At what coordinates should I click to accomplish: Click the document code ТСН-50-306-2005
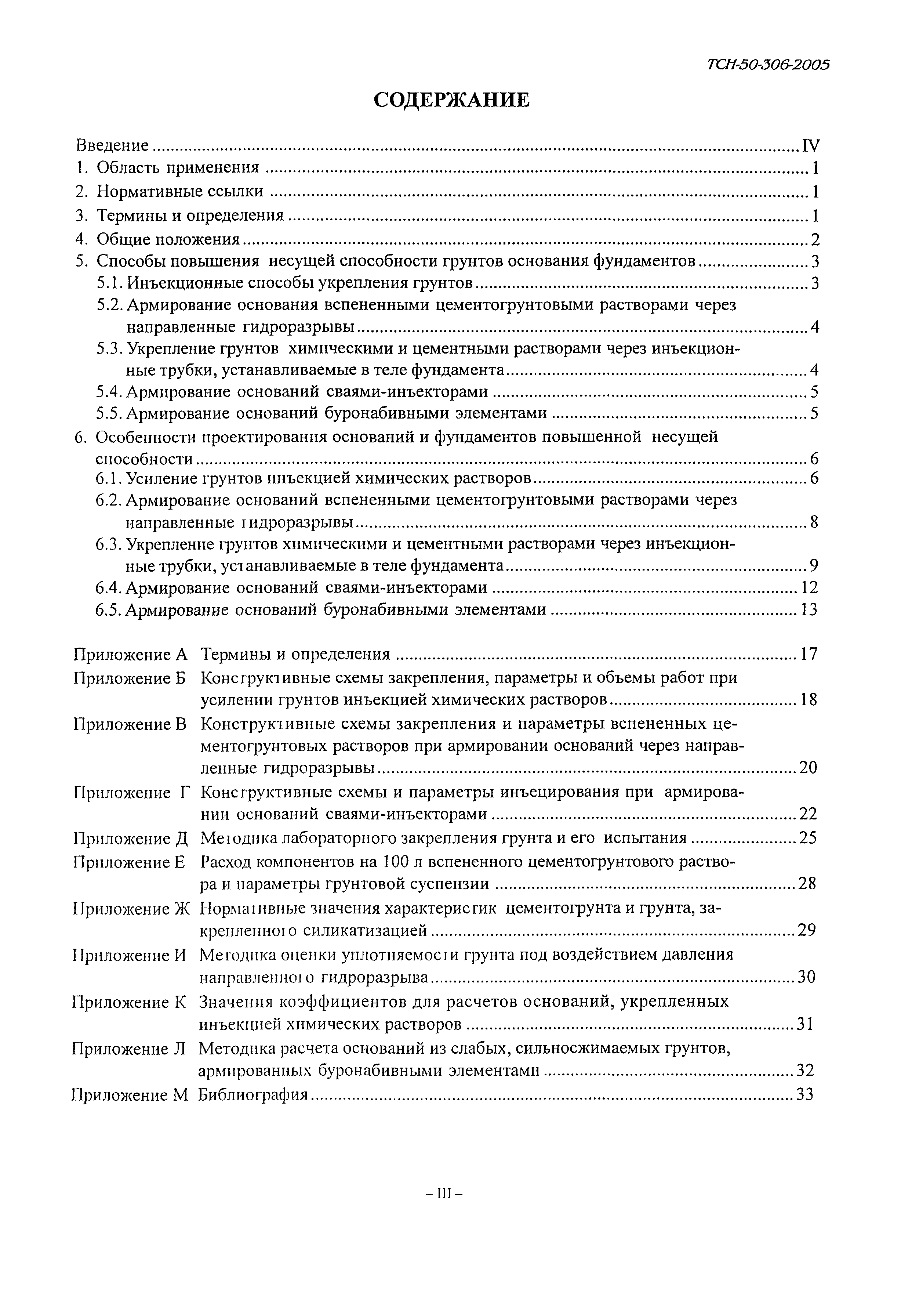767,65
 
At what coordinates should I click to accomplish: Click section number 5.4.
110,391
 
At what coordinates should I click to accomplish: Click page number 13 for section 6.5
809,610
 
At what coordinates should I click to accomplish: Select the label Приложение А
130,654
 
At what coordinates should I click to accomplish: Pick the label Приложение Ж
131,908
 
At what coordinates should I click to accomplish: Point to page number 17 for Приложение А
809,654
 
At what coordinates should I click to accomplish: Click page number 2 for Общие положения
815,240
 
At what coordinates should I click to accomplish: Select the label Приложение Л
129,1049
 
